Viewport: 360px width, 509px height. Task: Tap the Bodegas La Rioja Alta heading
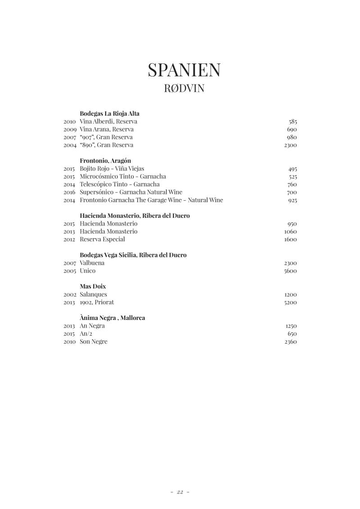click(x=109, y=113)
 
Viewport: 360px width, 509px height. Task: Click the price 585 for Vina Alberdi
click(x=292, y=122)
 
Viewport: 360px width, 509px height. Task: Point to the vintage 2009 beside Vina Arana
click(x=69, y=129)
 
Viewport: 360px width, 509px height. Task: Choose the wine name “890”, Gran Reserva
click(x=107, y=145)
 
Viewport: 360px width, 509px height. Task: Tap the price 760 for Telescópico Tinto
click(x=292, y=185)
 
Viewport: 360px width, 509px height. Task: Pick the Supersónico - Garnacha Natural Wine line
click(x=131, y=192)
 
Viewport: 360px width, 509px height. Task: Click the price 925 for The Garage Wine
click(x=292, y=200)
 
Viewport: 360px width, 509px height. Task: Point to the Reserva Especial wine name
click(x=102, y=239)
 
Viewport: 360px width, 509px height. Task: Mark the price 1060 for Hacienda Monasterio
click(x=290, y=232)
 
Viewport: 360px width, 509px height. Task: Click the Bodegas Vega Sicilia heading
click(x=133, y=255)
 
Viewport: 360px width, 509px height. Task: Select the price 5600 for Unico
click(x=290, y=271)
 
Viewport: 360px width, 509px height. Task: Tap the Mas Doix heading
click(x=93, y=286)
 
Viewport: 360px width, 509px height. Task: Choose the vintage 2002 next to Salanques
click(x=69, y=294)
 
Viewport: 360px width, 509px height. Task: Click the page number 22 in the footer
click(x=180, y=492)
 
